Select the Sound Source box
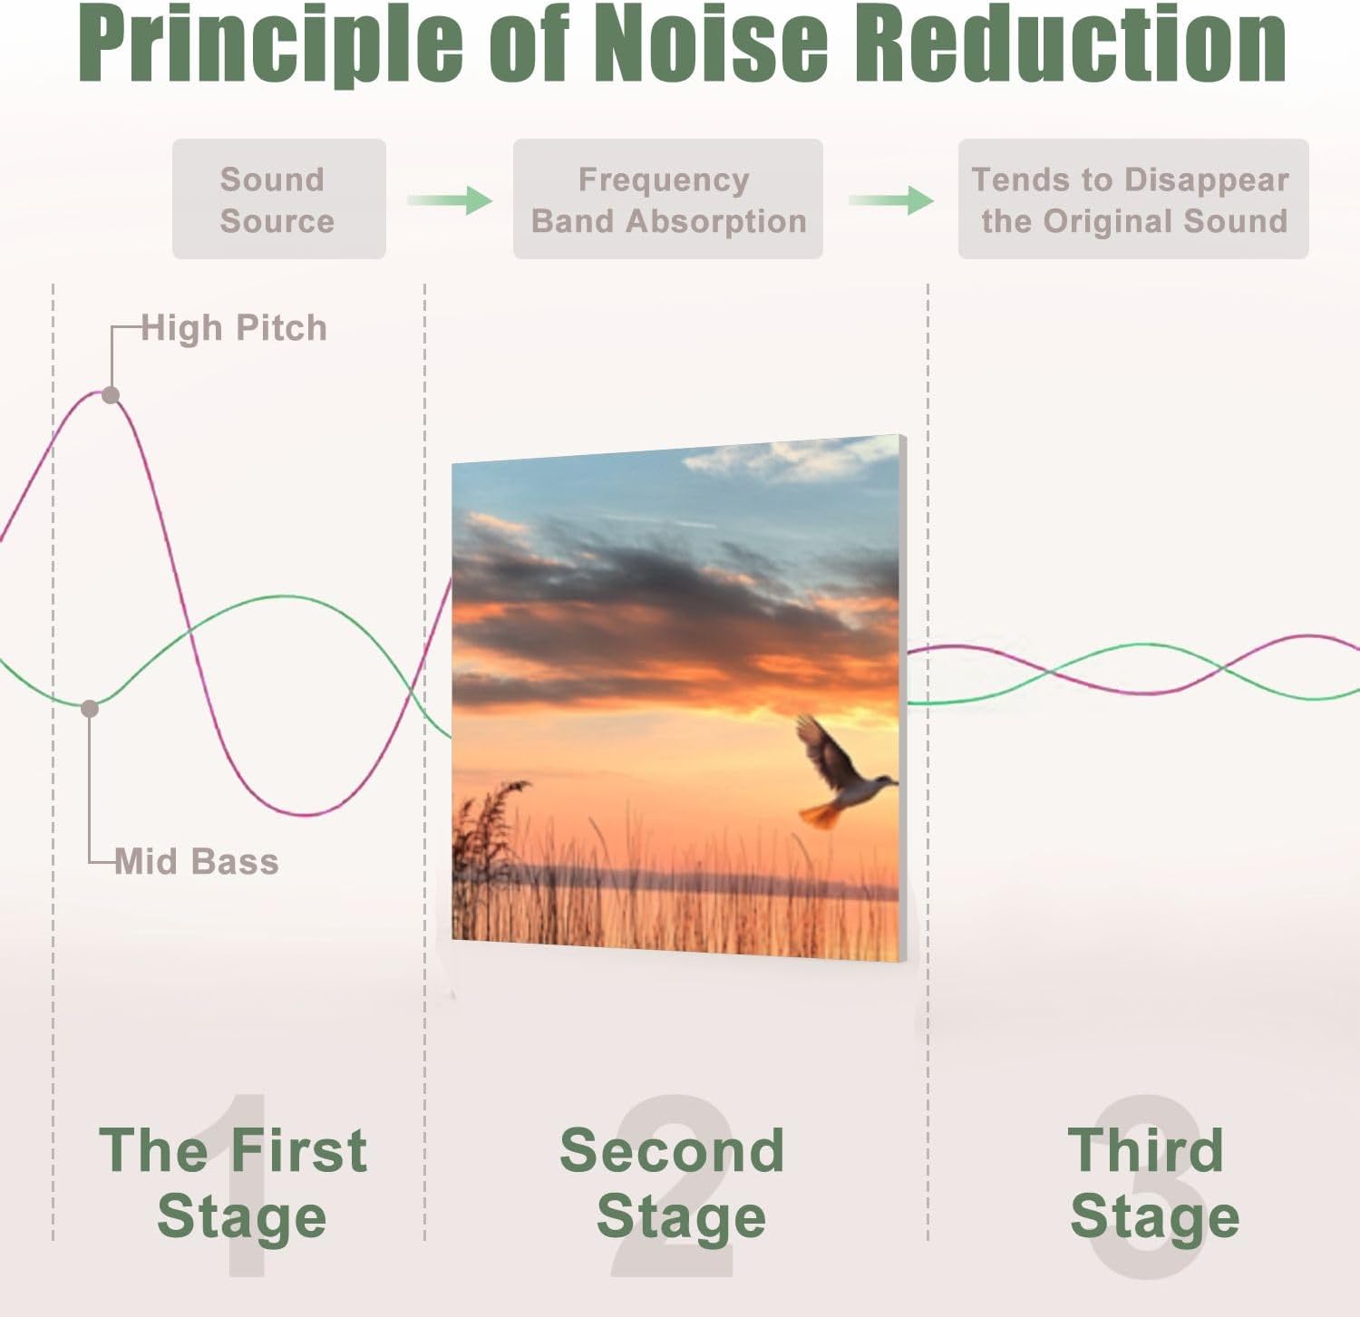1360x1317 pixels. [278, 199]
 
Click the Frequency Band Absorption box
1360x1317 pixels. [667, 199]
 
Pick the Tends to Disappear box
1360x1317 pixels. [1132, 199]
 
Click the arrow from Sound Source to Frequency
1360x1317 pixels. [451, 199]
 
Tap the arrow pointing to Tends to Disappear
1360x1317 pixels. [891, 199]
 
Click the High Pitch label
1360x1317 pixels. [234, 328]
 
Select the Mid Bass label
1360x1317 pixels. [197, 861]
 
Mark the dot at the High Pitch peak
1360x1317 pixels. [111, 395]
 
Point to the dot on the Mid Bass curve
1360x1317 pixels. [90, 709]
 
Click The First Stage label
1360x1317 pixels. [235, 1183]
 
